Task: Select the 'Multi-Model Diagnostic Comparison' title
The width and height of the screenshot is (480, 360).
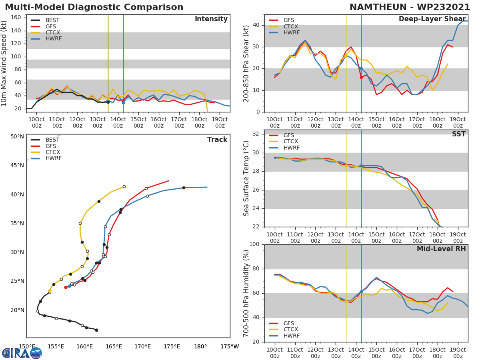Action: [x=94, y=7]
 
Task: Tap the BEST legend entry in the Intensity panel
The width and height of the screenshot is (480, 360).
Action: [x=52, y=20]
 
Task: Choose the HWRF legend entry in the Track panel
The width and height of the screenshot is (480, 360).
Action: [x=54, y=158]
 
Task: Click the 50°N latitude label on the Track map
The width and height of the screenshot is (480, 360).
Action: [x=17, y=137]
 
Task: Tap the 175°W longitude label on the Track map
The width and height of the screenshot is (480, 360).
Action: [x=230, y=346]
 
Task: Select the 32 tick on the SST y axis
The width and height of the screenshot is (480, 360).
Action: [x=256, y=134]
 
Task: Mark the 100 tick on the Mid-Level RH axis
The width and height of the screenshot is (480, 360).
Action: [x=254, y=244]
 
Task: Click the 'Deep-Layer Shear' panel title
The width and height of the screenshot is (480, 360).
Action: [x=432, y=19]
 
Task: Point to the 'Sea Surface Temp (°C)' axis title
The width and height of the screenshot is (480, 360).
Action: [x=246, y=178]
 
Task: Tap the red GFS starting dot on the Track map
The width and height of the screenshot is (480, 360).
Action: [x=66, y=287]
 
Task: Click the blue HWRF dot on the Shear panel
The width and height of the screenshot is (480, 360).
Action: [x=361, y=69]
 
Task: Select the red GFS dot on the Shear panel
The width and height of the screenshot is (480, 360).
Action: [x=361, y=77]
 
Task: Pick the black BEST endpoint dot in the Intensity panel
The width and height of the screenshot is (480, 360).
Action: [x=108, y=102]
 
